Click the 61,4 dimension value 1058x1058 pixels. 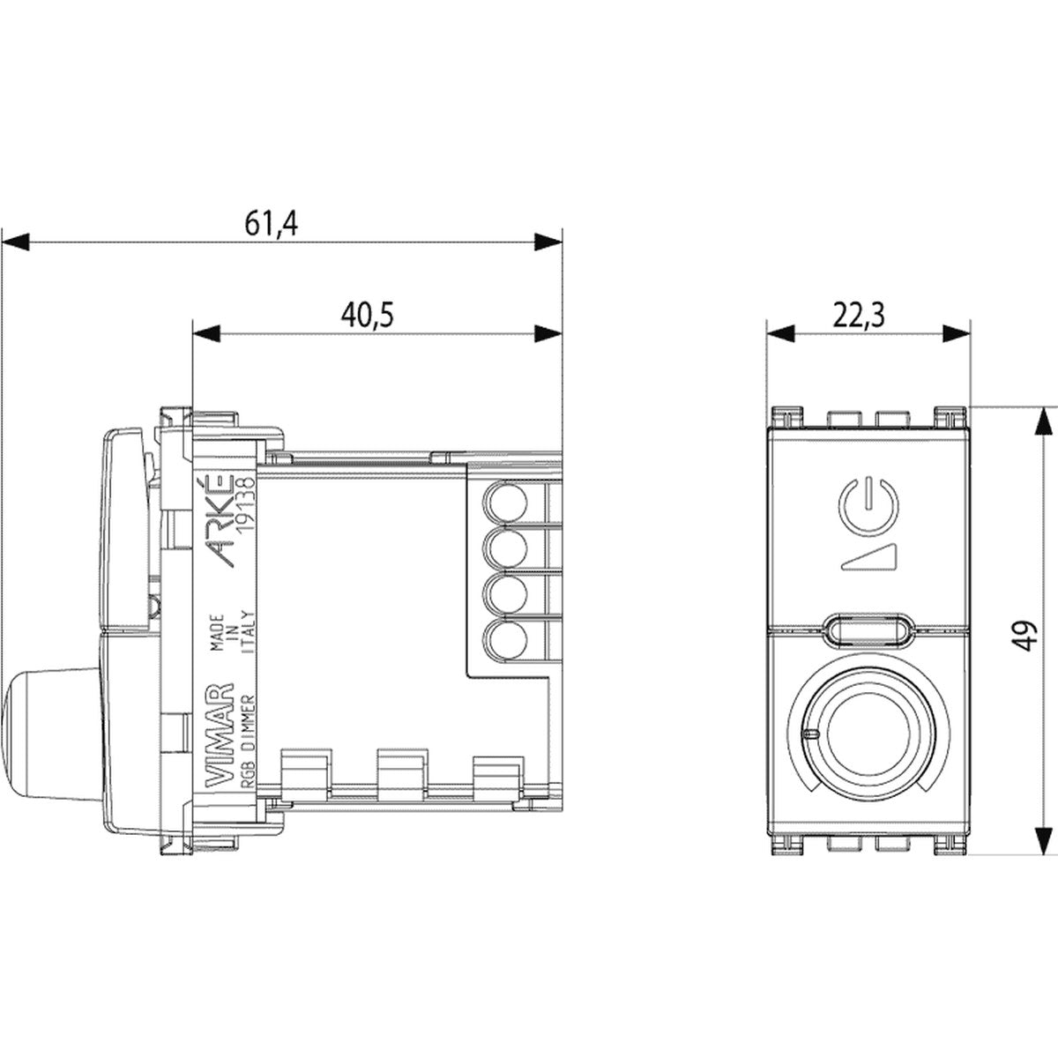point(271,223)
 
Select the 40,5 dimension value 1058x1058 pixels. point(368,316)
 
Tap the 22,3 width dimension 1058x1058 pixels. point(860,316)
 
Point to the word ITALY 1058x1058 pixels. point(248,632)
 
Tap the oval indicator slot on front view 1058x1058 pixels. point(868,628)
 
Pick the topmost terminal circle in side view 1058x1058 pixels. point(505,502)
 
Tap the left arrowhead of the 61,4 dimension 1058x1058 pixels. point(15,242)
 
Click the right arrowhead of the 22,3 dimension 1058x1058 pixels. point(956,333)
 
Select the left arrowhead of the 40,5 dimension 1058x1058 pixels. point(206,333)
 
